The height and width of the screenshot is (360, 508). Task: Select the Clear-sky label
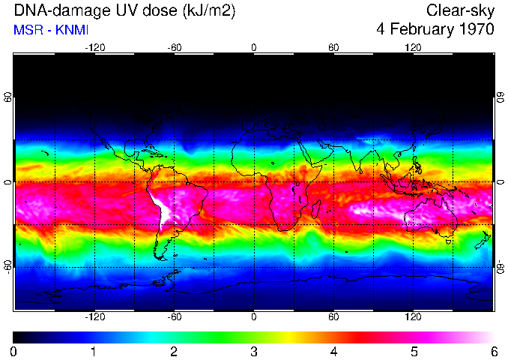[x=460, y=11]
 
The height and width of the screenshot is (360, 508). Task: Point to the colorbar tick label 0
[x=13, y=351]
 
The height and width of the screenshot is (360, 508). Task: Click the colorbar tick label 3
[x=253, y=351]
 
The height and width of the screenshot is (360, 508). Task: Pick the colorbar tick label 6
[x=493, y=351]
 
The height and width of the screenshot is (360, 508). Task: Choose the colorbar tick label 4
[x=333, y=351]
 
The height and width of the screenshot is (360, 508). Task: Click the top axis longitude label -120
[x=94, y=47]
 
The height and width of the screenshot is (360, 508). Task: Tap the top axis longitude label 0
[x=253, y=47]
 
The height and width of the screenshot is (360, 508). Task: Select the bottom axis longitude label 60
[x=333, y=317]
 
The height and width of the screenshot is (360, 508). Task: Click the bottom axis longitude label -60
[x=174, y=317]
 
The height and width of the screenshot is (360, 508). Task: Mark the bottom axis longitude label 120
[x=413, y=317]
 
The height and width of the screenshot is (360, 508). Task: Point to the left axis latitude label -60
[x=7, y=266]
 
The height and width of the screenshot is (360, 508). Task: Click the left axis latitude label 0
[x=7, y=182]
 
